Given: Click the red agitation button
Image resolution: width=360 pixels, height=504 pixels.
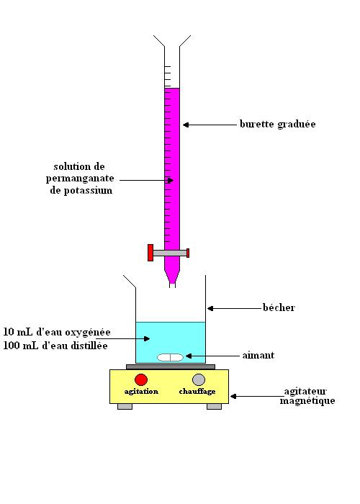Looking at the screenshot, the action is click(x=141, y=379).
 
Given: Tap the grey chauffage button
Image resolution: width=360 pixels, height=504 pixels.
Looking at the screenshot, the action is click(x=199, y=379).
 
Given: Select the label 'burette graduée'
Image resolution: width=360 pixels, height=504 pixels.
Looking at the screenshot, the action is click(x=278, y=125).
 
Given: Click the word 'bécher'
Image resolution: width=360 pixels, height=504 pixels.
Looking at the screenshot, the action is click(x=279, y=307).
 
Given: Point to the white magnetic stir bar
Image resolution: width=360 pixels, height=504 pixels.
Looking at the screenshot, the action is click(x=170, y=357).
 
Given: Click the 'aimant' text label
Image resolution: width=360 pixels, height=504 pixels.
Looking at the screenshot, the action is click(x=258, y=356).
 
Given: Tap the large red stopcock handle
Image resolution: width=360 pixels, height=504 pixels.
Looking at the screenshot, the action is click(x=150, y=253).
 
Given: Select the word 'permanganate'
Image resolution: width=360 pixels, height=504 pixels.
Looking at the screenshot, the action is click(x=80, y=179).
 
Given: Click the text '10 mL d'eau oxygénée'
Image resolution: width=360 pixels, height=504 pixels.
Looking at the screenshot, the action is click(x=57, y=332).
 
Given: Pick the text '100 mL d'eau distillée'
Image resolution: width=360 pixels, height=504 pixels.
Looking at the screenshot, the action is click(x=55, y=346).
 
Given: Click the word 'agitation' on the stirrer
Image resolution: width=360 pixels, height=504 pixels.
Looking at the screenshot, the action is click(x=141, y=392).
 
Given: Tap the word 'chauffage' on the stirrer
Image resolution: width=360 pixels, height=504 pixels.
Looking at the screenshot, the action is click(x=197, y=392).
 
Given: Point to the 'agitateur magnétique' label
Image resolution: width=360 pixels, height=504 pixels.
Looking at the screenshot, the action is click(x=307, y=396).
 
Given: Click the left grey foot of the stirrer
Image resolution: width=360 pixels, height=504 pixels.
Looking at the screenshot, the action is click(x=125, y=407).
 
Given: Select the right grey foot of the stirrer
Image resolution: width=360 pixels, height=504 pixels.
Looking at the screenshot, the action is click(x=214, y=407).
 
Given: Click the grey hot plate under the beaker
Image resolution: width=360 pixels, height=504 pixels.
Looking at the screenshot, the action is click(x=171, y=366).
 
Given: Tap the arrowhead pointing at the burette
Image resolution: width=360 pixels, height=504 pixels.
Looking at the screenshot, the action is click(x=186, y=125).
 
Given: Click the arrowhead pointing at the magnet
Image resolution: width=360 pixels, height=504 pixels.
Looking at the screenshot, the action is click(x=189, y=356).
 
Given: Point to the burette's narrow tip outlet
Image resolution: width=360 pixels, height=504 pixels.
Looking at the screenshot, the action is click(x=172, y=285).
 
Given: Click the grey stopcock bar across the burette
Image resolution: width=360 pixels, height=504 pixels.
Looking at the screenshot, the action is click(x=170, y=253).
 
